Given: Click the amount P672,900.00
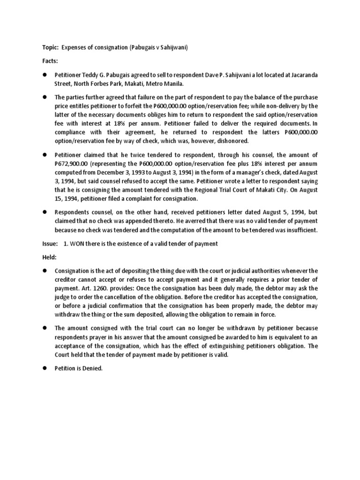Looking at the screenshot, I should [x=71, y=163].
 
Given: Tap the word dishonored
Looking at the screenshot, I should [x=231, y=140].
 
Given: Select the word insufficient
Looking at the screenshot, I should [x=300, y=230].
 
